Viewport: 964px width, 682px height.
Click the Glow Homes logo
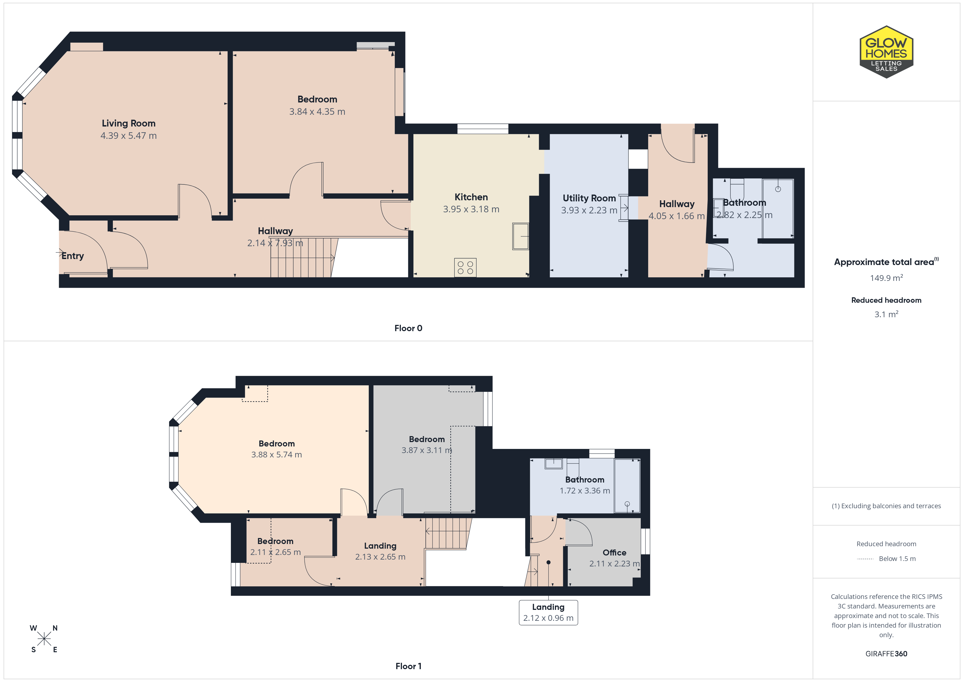point(886,52)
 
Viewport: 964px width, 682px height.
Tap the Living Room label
point(128,124)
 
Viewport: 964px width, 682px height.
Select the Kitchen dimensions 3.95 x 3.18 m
point(471,209)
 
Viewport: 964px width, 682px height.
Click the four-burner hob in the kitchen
point(465,267)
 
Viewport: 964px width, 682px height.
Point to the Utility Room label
point(589,198)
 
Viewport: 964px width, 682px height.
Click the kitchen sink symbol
point(521,236)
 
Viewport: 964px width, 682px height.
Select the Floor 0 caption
point(408,328)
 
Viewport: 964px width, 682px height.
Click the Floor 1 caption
point(408,666)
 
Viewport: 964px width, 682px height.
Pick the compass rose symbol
point(44,639)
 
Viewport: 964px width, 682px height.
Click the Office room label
point(614,553)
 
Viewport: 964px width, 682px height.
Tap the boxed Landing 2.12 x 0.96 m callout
point(548,612)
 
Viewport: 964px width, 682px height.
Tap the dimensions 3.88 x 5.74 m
point(277,454)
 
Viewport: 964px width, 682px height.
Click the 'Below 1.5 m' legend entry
point(897,558)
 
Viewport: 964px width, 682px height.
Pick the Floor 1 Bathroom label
point(585,480)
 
